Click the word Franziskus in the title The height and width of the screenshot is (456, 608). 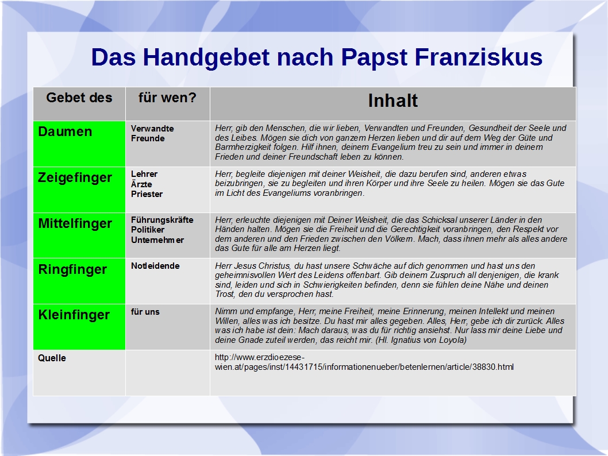click(479, 57)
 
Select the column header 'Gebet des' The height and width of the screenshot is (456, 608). click(79, 98)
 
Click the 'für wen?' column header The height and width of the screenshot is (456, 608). click(167, 98)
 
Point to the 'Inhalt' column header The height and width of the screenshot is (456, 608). click(393, 101)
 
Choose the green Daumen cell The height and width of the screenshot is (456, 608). click(79, 144)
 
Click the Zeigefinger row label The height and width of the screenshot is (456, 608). click(75, 178)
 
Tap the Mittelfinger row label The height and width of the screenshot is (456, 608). click(75, 223)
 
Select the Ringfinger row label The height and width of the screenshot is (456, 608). click(72, 270)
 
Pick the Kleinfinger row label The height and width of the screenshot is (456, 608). click(74, 315)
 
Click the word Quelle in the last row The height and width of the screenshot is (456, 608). click(52, 358)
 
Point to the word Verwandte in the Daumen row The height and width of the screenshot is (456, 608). click(152, 129)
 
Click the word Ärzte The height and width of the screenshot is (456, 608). click(141, 184)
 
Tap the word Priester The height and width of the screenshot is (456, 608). click(147, 194)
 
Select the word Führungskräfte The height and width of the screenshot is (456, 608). click(162, 219)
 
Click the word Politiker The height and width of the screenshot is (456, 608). click(148, 230)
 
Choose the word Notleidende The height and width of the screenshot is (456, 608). click(155, 266)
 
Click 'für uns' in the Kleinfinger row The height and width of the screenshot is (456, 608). click(145, 312)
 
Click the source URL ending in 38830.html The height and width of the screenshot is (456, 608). click(364, 362)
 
